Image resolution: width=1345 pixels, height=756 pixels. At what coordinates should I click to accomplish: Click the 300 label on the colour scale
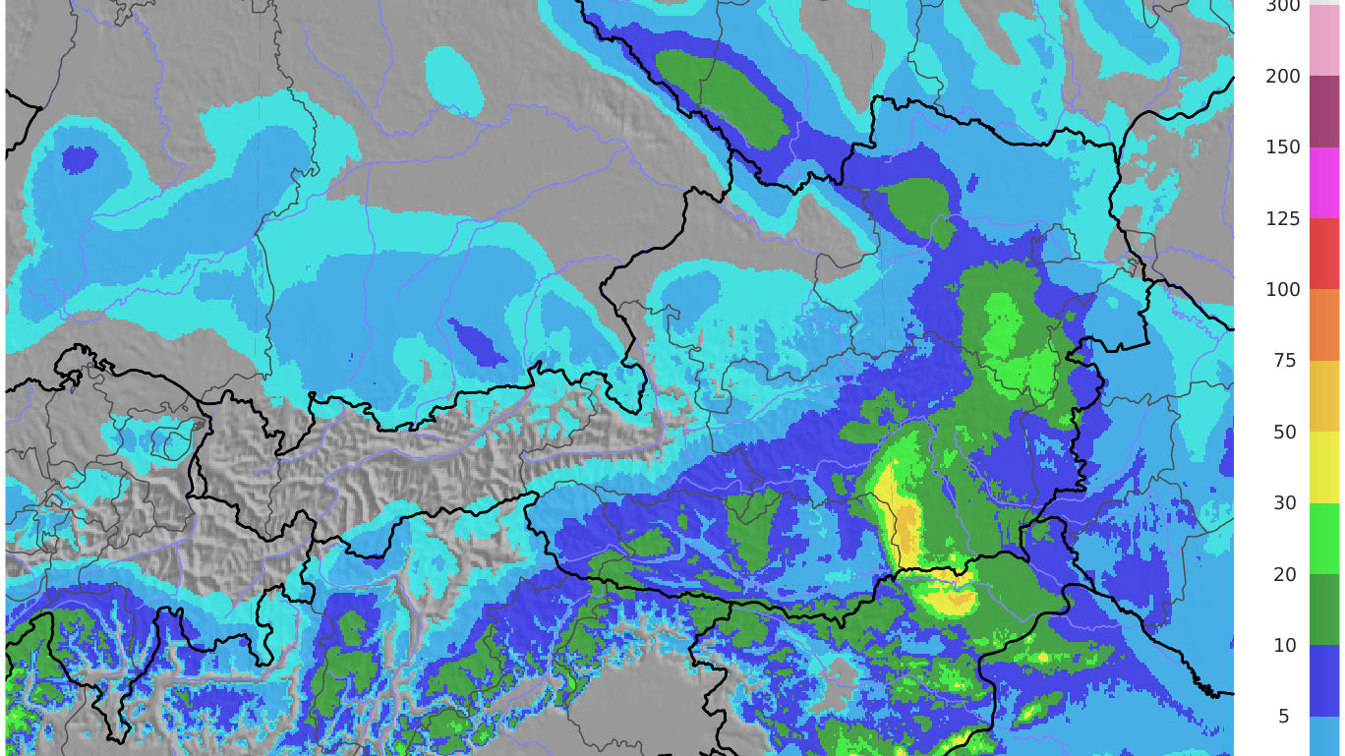(1282, 6)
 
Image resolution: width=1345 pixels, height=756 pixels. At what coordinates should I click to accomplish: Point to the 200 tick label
(1282, 77)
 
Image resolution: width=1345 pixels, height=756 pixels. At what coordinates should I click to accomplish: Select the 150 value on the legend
(1282, 147)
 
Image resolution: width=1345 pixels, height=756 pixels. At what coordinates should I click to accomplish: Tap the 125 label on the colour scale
(1282, 218)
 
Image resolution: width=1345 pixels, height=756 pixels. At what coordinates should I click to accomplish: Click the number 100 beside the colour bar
(1282, 290)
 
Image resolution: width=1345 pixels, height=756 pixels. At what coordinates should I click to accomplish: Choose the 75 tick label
(1284, 361)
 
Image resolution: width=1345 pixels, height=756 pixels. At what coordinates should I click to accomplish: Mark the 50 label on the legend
(1284, 433)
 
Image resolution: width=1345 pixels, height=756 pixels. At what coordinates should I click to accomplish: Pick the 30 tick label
(1284, 503)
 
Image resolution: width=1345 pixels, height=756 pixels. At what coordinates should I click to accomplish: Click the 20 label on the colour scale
(1284, 574)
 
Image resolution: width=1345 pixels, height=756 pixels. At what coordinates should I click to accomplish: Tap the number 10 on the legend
(1284, 646)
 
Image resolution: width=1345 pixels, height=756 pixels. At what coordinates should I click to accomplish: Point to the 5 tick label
(1283, 717)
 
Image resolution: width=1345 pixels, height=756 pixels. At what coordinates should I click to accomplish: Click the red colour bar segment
(1324, 254)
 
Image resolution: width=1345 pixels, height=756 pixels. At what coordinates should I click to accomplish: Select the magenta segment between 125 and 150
(1324, 183)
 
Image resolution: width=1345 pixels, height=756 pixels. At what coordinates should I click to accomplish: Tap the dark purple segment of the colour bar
(1324, 112)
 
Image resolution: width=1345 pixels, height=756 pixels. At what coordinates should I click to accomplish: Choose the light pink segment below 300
(1324, 41)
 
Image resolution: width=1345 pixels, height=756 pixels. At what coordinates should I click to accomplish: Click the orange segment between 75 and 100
(1324, 325)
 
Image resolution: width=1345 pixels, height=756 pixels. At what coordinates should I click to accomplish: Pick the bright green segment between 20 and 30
(1324, 539)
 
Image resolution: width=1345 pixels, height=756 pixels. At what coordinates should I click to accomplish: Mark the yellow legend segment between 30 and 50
(1324, 468)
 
